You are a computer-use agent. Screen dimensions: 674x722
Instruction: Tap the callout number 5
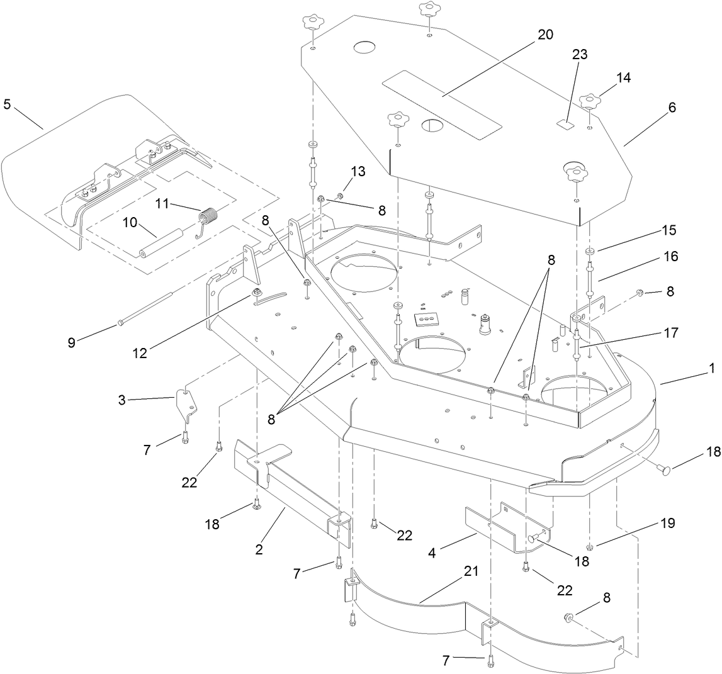[x=7, y=104]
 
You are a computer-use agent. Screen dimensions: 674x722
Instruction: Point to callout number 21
[x=471, y=571]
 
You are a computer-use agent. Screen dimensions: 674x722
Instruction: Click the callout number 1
[x=712, y=369]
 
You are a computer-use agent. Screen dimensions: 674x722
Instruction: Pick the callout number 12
[x=139, y=353]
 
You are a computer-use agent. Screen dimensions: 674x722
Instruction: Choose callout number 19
[x=667, y=523]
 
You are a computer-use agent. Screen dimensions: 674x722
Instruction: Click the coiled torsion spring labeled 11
[x=207, y=218]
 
